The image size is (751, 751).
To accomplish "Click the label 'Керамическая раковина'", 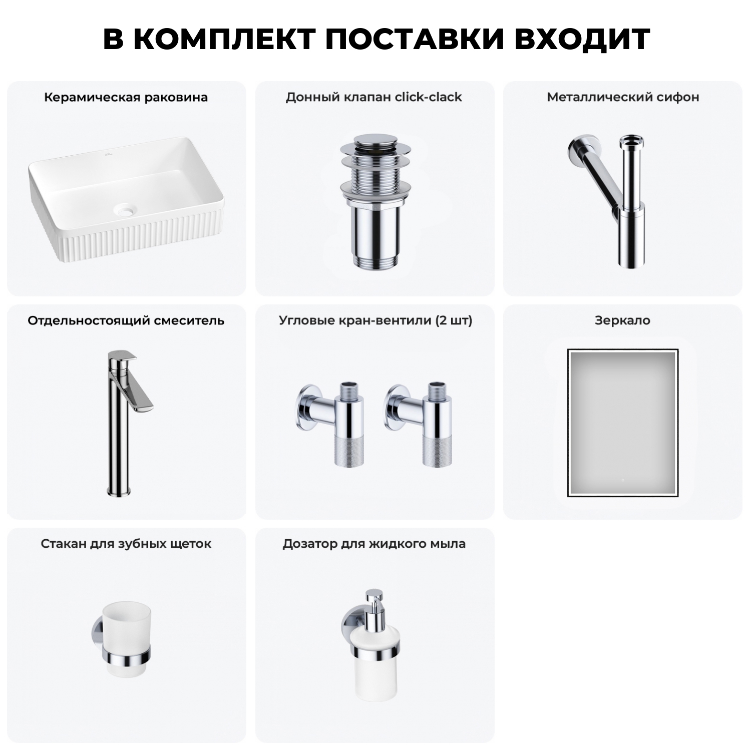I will [x=126, y=97].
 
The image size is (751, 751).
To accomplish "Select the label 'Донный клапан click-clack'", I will [x=374, y=97].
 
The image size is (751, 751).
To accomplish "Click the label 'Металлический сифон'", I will [x=623, y=97].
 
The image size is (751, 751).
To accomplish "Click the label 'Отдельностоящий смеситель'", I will [x=126, y=320].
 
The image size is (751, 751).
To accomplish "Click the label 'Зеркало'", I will [x=622, y=320].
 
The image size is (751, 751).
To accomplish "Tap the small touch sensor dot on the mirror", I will [x=622, y=480].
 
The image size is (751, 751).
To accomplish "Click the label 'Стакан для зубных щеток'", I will [x=126, y=544].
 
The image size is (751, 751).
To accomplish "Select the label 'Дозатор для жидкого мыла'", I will [x=374, y=544].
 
